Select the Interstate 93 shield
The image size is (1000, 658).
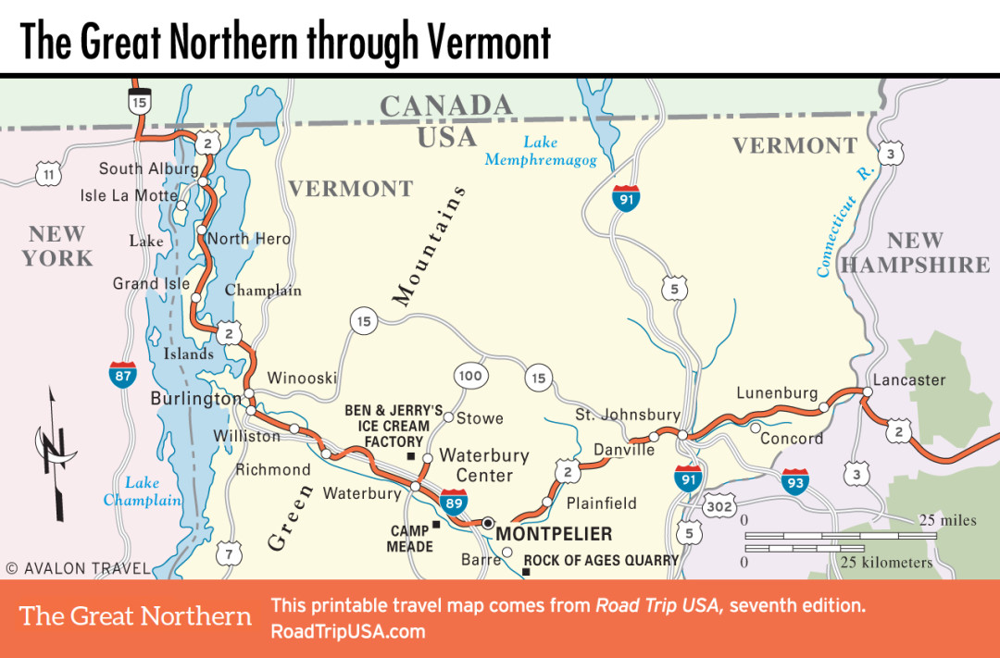pyautogui.click(x=794, y=480)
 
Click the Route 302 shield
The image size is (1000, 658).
pyautogui.click(x=719, y=506)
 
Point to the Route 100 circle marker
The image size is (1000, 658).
pyautogui.click(x=470, y=376)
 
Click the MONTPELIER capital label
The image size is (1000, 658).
pyautogui.click(x=554, y=534)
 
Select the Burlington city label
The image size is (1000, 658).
pyautogui.click(x=194, y=399)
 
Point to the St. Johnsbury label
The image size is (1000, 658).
pyautogui.click(x=627, y=415)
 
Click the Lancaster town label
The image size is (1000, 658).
pyautogui.click(x=909, y=379)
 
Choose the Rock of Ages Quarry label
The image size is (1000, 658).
pyautogui.click(x=601, y=560)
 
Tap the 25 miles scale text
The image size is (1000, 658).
pyautogui.click(x=946, y=520)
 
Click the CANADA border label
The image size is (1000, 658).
pyautogui.click(x=445, y=106)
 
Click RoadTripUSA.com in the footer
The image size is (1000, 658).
pyautogui.click(x=347, y=632)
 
